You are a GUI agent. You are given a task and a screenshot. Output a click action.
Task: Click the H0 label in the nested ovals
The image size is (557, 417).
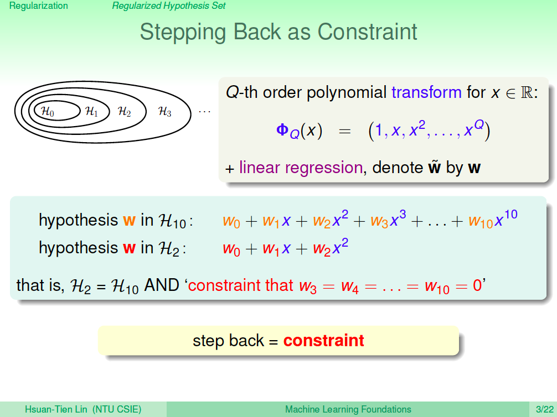48,111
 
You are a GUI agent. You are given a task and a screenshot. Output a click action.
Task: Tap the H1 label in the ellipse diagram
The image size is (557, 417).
92,111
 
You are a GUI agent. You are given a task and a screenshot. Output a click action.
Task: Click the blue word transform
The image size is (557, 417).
426,92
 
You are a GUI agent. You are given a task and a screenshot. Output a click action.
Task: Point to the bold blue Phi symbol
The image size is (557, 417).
282,130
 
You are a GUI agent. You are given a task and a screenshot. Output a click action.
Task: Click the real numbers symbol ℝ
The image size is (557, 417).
527,92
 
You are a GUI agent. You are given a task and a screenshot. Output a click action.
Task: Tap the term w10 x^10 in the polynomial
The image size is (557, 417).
493,219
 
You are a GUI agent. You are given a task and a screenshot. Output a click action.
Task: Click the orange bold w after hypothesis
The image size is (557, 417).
130,220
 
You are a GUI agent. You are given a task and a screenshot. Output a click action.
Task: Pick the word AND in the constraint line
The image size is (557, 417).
162,285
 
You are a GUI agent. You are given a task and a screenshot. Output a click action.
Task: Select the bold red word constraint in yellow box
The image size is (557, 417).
323,341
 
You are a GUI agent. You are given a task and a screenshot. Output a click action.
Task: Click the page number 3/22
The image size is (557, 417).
545,410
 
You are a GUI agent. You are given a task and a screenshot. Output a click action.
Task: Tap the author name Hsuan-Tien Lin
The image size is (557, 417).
56,410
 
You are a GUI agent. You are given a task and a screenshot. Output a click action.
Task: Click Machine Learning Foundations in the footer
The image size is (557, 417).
348,410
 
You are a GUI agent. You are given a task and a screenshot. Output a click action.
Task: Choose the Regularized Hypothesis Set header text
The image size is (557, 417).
169,6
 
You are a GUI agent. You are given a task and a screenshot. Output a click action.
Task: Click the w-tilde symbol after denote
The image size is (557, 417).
434,167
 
